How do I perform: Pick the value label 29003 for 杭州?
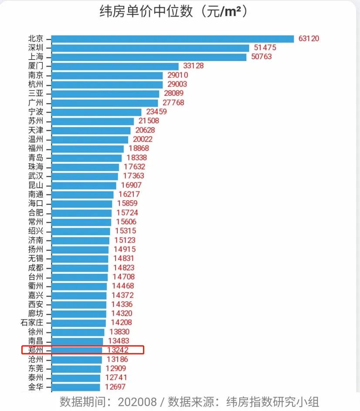point(178,84)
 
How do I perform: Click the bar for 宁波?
point(96,112)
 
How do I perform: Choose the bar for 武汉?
point(85,176)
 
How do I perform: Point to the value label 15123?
point(125,240)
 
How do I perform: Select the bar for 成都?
point(80,268)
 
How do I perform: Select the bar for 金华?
point(76,387)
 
